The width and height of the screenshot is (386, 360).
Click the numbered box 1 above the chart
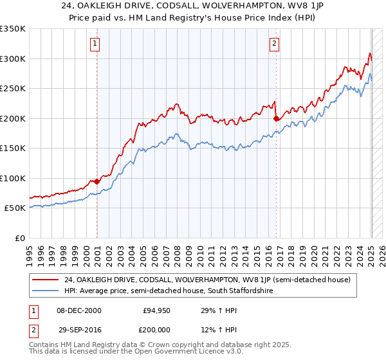(95, 44)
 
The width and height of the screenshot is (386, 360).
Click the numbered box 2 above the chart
(275, 44)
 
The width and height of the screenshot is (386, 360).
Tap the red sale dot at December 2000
(97, 181)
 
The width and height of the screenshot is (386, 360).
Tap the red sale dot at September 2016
(277, 118)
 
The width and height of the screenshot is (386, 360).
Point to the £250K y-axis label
(13, 89)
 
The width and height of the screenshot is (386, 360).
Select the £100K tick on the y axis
(13, 178)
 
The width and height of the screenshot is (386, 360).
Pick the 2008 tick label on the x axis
(178, 251)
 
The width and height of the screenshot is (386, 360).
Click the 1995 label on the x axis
(30, 251)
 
